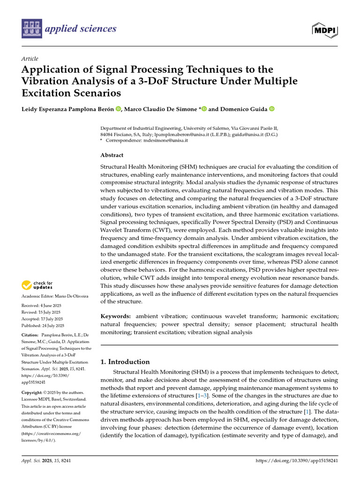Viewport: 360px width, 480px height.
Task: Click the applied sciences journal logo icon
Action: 31,29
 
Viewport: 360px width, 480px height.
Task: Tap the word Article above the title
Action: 30,59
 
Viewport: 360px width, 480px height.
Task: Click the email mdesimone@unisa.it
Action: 165,140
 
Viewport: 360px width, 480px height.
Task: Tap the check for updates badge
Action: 37,285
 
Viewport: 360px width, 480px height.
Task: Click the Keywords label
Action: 116,317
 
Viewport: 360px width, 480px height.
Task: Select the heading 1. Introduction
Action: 125,361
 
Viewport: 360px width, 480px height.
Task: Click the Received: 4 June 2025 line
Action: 42,305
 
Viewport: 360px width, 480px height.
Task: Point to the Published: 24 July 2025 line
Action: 43,325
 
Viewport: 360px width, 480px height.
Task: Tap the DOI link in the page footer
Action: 297,461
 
